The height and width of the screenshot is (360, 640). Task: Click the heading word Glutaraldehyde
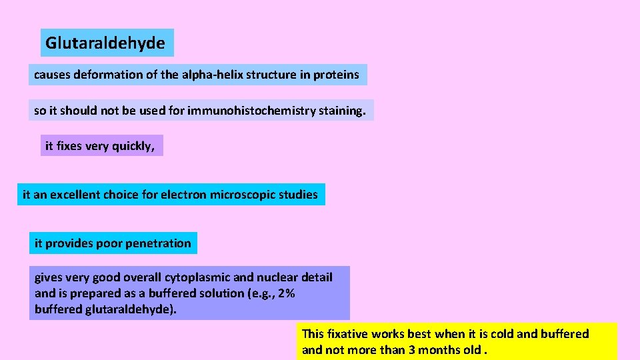click(105, 43)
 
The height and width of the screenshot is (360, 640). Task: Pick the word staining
click(343, 111)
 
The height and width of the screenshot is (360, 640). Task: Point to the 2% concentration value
click(287, 293)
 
